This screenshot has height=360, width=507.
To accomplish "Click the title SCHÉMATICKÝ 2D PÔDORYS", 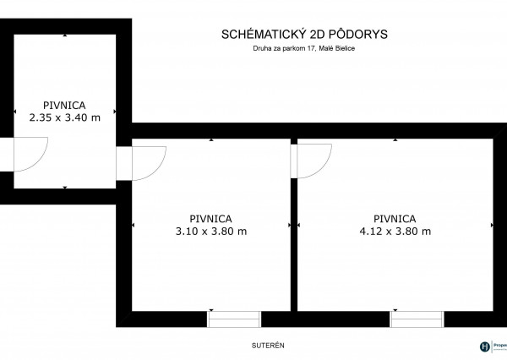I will pos(303,35).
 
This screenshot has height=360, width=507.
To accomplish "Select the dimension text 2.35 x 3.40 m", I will pos(65,117).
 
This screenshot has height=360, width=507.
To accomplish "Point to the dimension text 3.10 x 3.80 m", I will pos(211,231).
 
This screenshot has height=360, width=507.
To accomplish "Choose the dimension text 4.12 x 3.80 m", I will pos(395,231).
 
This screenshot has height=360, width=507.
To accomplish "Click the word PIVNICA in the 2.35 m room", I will pos(65,105).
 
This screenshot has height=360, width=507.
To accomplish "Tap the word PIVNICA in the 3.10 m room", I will pos(211,218).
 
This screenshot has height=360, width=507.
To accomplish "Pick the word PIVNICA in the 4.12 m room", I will pos(395,218).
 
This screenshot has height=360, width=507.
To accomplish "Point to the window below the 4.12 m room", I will pos(416,319).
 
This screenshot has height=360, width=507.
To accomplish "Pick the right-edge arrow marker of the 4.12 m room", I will pos(493,225).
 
